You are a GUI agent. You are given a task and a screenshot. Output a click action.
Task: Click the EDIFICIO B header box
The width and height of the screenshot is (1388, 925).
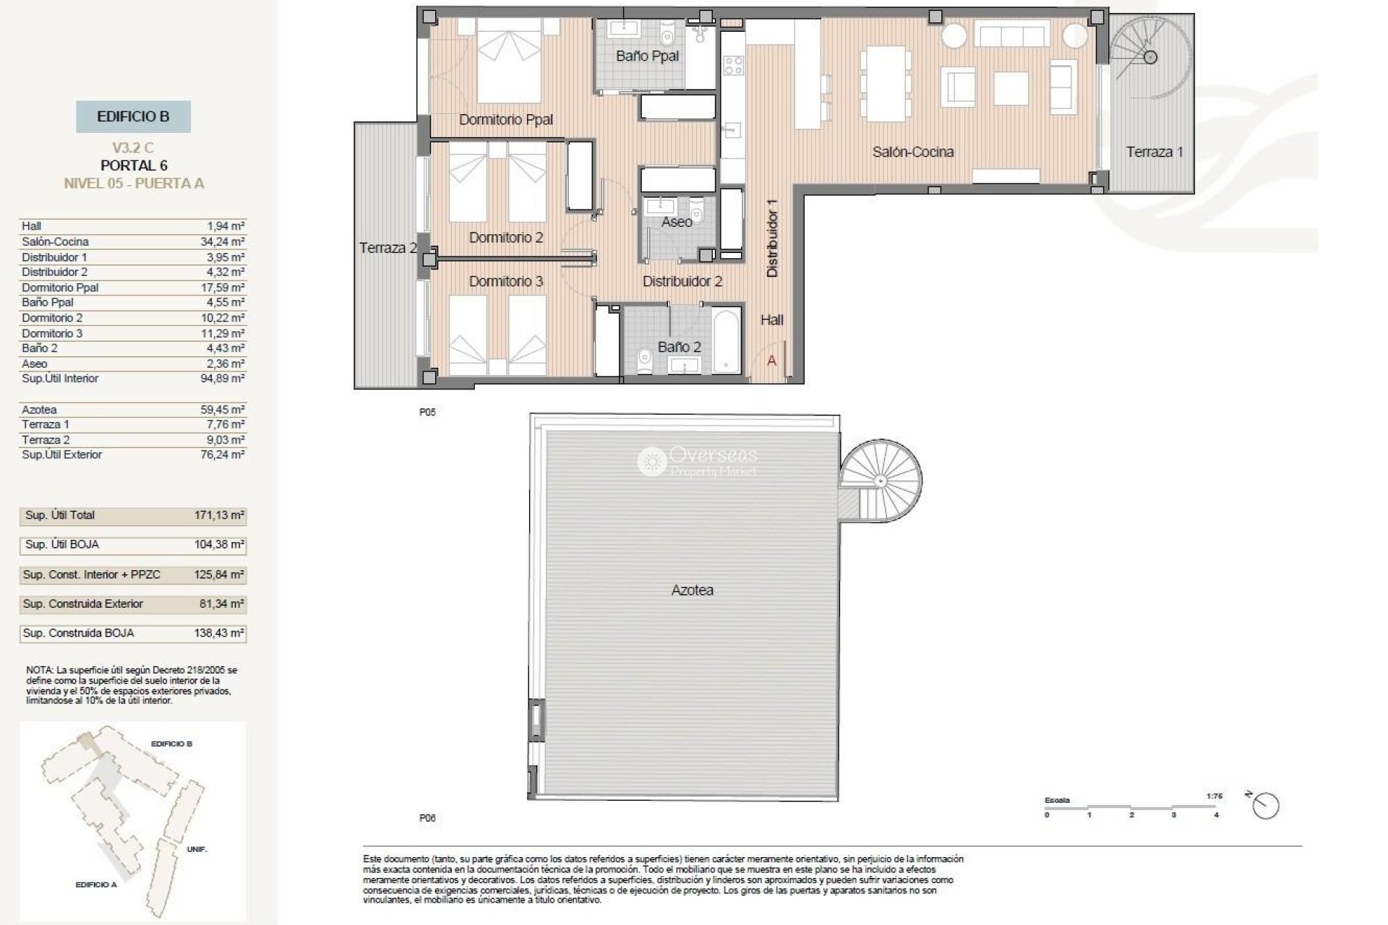133,116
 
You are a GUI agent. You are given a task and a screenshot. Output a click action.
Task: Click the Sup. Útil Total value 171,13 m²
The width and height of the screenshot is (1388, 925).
220,516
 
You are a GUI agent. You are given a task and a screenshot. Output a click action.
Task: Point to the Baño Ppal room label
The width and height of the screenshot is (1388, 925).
647,56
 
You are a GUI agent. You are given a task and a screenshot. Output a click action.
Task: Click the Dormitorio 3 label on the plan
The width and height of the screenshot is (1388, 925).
505,281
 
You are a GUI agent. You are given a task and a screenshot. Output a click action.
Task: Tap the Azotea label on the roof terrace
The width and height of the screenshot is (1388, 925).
692,590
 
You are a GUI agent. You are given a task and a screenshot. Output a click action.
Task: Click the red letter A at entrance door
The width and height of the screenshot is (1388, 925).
771,361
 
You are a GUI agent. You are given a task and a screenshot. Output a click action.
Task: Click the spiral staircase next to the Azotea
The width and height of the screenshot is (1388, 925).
881,481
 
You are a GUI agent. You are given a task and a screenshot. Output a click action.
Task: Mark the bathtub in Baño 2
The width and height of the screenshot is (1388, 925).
727,341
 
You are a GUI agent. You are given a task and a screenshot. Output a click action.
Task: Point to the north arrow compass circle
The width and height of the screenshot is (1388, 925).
1266,806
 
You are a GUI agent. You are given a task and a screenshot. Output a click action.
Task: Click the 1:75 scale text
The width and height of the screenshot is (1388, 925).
1214,796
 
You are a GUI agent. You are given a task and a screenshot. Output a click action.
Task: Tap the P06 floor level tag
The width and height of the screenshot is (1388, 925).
427,818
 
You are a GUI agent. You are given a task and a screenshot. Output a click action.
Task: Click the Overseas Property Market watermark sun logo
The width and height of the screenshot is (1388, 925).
651,461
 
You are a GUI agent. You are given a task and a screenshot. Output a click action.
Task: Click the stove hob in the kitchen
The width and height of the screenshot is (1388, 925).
733,66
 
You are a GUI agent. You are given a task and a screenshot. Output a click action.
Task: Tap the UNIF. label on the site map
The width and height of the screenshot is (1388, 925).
197,849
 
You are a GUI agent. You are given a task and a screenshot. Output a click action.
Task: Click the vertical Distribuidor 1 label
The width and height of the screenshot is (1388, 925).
772,238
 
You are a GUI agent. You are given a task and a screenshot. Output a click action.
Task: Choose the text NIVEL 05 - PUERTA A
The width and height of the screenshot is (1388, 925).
134,184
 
